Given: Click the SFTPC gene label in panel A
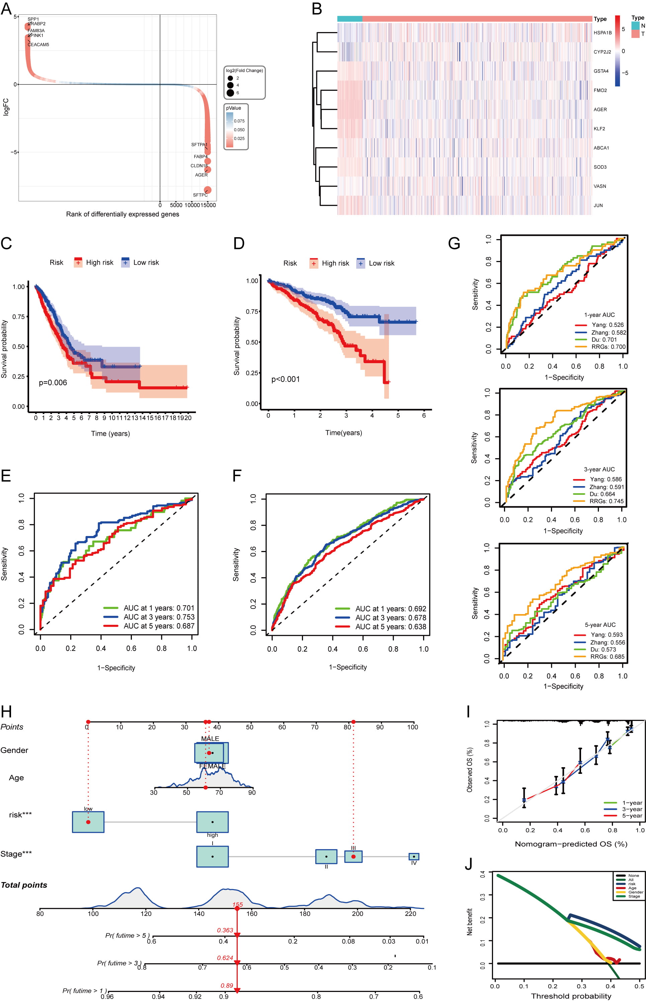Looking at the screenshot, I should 200,195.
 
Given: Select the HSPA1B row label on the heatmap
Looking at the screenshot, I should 602,33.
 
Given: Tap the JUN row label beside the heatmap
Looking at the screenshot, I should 598,205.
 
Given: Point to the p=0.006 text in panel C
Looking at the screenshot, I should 53,383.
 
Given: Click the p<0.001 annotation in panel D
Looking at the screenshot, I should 285,379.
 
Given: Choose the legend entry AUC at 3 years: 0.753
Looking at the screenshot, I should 159,617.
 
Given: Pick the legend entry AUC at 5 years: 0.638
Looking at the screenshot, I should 390,626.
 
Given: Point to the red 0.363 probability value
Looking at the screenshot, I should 225,930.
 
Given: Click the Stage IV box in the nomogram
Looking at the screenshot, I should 414,856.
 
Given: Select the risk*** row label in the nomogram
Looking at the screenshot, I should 20,815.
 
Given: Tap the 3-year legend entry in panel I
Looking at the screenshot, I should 632,809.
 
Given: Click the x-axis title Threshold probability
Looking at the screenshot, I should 571,996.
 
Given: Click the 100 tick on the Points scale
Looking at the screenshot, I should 412,727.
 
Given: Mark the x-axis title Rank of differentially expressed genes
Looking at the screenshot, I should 123,214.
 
